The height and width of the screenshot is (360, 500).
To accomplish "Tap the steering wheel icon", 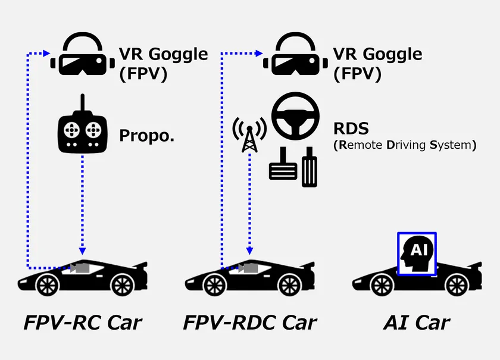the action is [x=295, y=116].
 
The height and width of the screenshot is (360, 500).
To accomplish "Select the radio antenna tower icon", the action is [x=249, y=134].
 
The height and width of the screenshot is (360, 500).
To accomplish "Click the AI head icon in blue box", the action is [x=417, y=254].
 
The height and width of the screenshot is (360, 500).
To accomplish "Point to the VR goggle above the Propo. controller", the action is [x=83, y=54].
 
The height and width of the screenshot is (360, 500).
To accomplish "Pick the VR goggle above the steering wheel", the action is [x=295, y=54].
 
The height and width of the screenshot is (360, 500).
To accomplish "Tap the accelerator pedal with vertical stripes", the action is [x=309, y=167].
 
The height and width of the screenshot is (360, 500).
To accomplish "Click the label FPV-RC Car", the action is [x=83, y=323].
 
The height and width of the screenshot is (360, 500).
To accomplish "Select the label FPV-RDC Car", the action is [x=249, y=323].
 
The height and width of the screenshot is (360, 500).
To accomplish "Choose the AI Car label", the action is [x=417, y=323].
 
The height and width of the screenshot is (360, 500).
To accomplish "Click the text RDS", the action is [x=351, y=129].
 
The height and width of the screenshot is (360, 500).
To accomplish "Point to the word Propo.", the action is [x=146, y=136].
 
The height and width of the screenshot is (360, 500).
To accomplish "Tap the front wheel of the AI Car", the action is [x=382, y=285].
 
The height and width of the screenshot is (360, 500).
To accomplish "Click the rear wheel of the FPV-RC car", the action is [x=123, y=285].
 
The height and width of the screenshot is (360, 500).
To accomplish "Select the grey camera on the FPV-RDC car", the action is [x=248, y=268].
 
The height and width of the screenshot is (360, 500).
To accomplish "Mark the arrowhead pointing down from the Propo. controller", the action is [x=83, y=251].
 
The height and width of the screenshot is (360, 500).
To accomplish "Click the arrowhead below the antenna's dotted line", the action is [x=249, y=251].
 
